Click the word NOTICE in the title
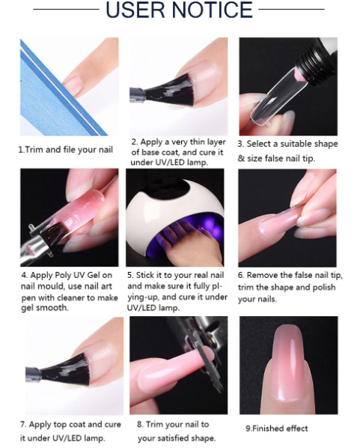click(213, 10)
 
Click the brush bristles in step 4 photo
click(54, 232)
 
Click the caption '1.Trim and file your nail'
click(66, 150)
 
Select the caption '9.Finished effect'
click(277, 429)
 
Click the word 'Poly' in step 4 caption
click(63, 275)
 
